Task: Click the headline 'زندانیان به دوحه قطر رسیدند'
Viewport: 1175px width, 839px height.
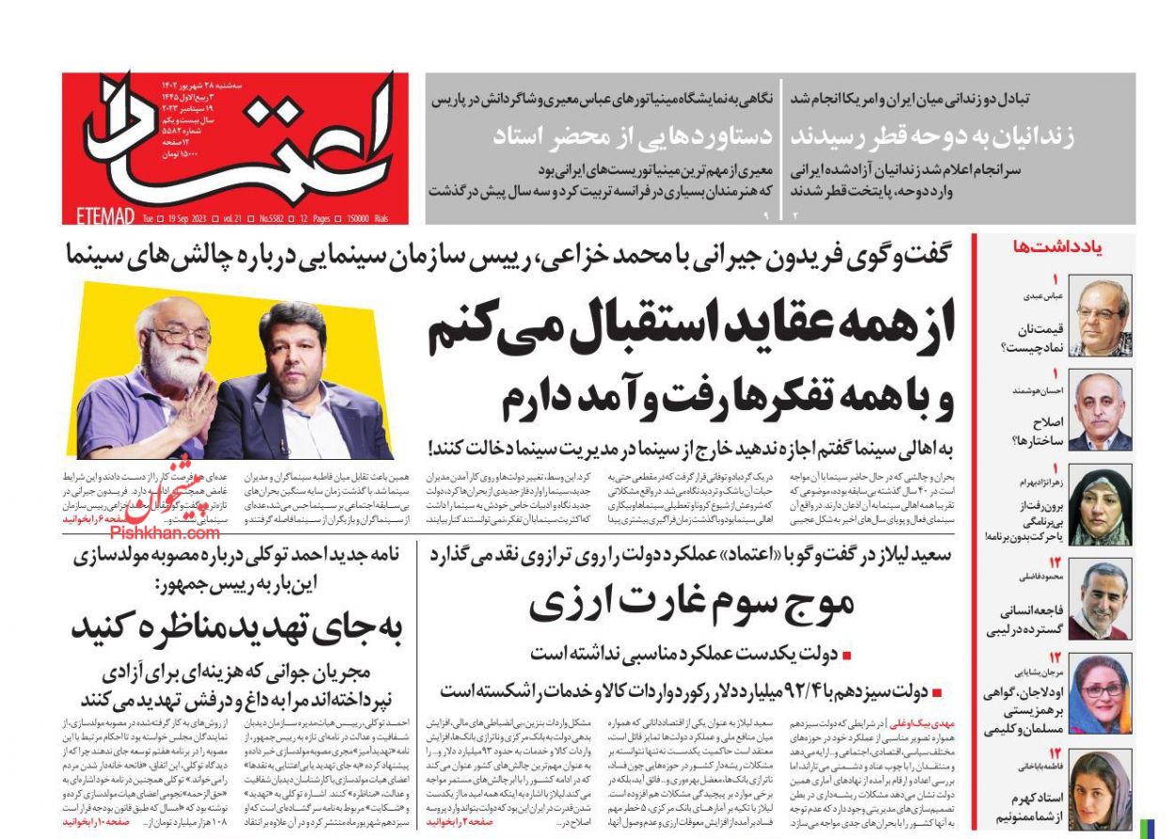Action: coord(932,136)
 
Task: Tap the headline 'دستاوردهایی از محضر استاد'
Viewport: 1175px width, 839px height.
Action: coord(632,136)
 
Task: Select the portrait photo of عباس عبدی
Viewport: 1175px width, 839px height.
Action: coord(1101,317)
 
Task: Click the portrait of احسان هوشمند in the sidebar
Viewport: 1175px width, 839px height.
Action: coord(1101,410)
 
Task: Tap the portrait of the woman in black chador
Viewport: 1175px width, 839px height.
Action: coord(1101,505)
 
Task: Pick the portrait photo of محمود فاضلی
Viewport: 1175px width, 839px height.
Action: coord(1101,599)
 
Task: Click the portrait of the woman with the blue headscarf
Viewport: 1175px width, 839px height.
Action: coord(1101,694)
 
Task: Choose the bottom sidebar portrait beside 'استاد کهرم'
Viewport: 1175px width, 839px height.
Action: coord(1101,788)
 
